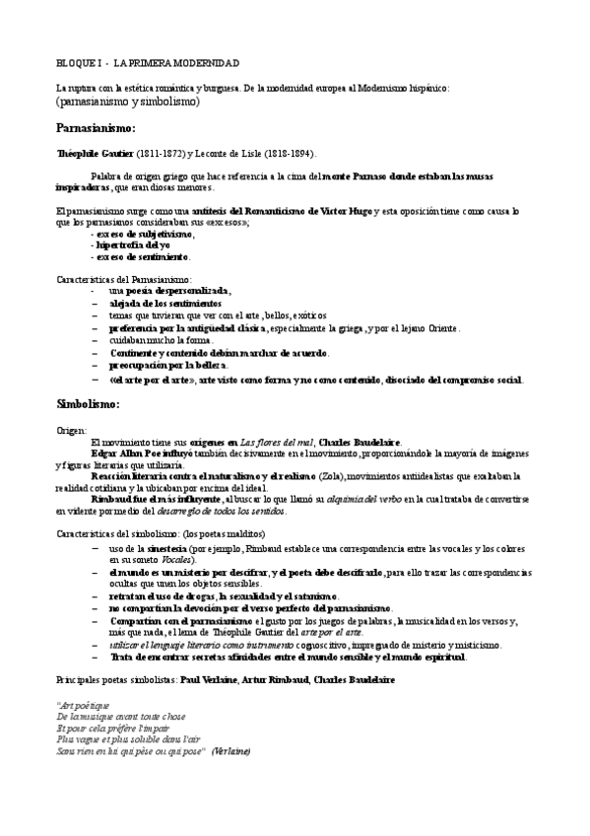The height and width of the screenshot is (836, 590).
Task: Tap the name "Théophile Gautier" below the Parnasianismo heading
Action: [93, 155]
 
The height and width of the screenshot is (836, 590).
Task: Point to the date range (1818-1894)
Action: [285, 155]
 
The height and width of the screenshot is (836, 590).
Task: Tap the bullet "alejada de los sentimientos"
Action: [165, 304]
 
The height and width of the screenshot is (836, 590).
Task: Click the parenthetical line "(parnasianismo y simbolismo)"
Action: [127, 102]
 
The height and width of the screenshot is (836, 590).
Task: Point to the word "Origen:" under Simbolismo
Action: [72, 431]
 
